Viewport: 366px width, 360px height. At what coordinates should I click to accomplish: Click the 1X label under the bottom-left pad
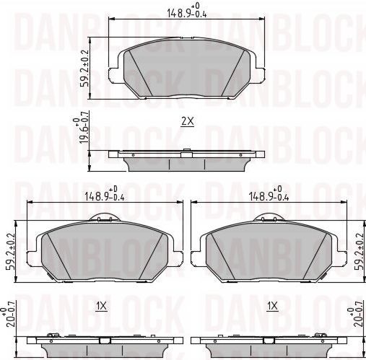tap(102, 306)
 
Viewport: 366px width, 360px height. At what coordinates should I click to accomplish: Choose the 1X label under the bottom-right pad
tap(272, 306)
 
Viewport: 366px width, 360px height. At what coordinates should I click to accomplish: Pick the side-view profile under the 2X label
tap(186, 158)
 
